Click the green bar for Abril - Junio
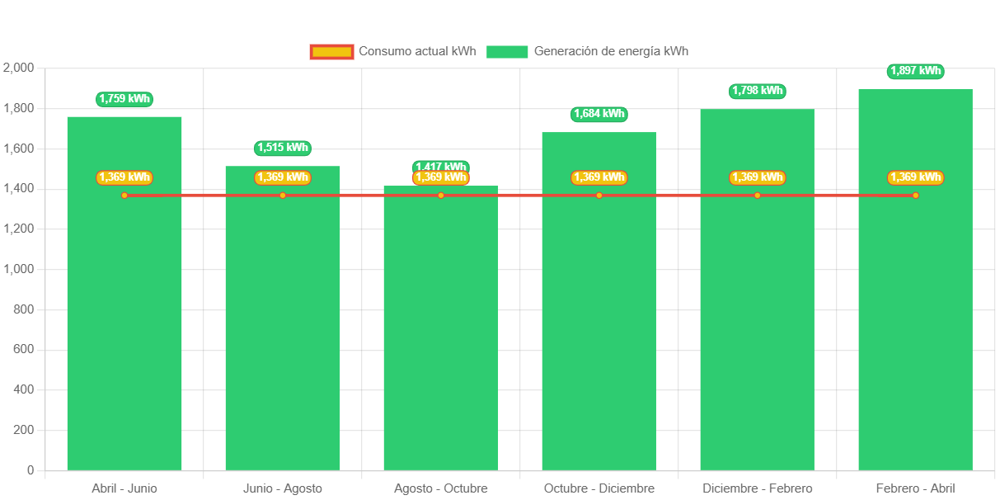tap(124, 330)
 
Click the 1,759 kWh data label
tap(124, 99)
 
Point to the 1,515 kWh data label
tap(283, 149)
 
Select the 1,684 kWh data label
tap(599, 114)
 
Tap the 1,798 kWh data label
tap(758, 91)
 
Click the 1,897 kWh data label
tap(916, 71)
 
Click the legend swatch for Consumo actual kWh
tap(331, 52)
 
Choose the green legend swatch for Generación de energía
tap(507, 52)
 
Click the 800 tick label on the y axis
tap(22, 309)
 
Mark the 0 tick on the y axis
tap(31, 470)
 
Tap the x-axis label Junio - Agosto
tap(283, 488)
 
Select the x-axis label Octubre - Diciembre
tap(599, 488)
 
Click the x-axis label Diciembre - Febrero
tap(758, 488)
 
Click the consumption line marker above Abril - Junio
tap(124, 196)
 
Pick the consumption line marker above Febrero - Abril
tap(915, 196)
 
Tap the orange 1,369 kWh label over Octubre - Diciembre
tap(599, 177)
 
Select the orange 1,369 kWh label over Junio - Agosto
tap(283, 177)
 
